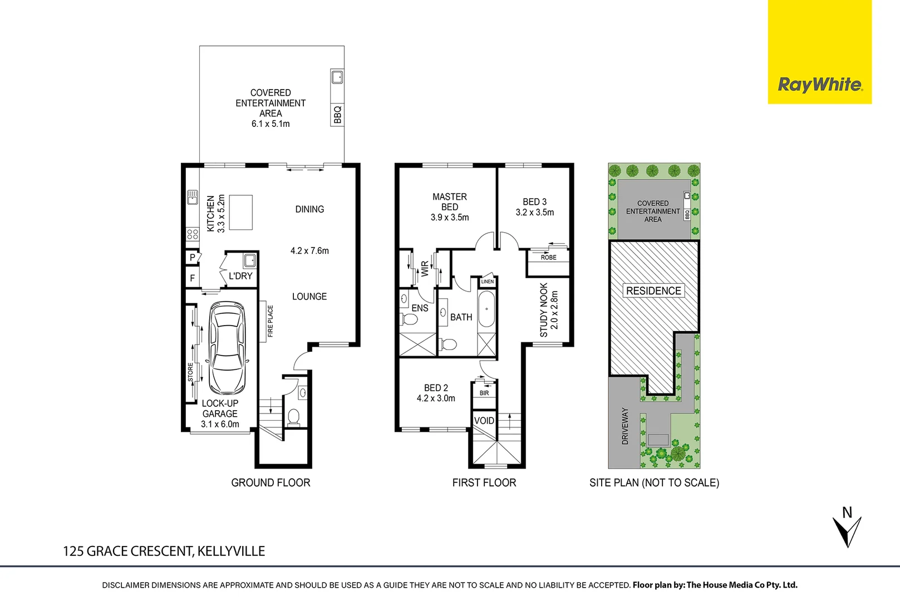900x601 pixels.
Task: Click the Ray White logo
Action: [x=819, y=85]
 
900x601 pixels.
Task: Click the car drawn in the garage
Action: [x=227, y=347]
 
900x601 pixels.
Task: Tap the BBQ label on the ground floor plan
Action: [x=337, y=115]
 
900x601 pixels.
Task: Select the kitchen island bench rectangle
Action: [x=241, y=212]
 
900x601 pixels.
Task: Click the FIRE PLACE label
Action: [x=271, y=321]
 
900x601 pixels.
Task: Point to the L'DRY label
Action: [x=240, y=276]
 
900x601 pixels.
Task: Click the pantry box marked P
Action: [x=193, y=258]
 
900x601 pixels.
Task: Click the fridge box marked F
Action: [x=193, y=278]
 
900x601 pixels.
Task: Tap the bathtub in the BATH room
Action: [x=486, y=309]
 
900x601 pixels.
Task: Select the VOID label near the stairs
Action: [x=484, y=421]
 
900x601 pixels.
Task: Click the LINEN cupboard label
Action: [x=487, y=282]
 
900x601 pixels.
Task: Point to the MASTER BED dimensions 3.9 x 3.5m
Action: [x=450, y=218]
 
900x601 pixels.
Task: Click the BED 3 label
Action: [x=534, y=202]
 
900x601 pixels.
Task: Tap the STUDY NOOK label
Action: [x=544, y=310]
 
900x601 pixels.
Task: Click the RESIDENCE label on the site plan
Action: [x=653, y=290]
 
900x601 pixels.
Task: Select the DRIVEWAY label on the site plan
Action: [x=625, y=426]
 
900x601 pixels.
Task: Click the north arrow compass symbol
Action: [x=847, y=531]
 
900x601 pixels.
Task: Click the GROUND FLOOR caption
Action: [x=271, y=482]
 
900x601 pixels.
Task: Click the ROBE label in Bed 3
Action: [x=548, y=258]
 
